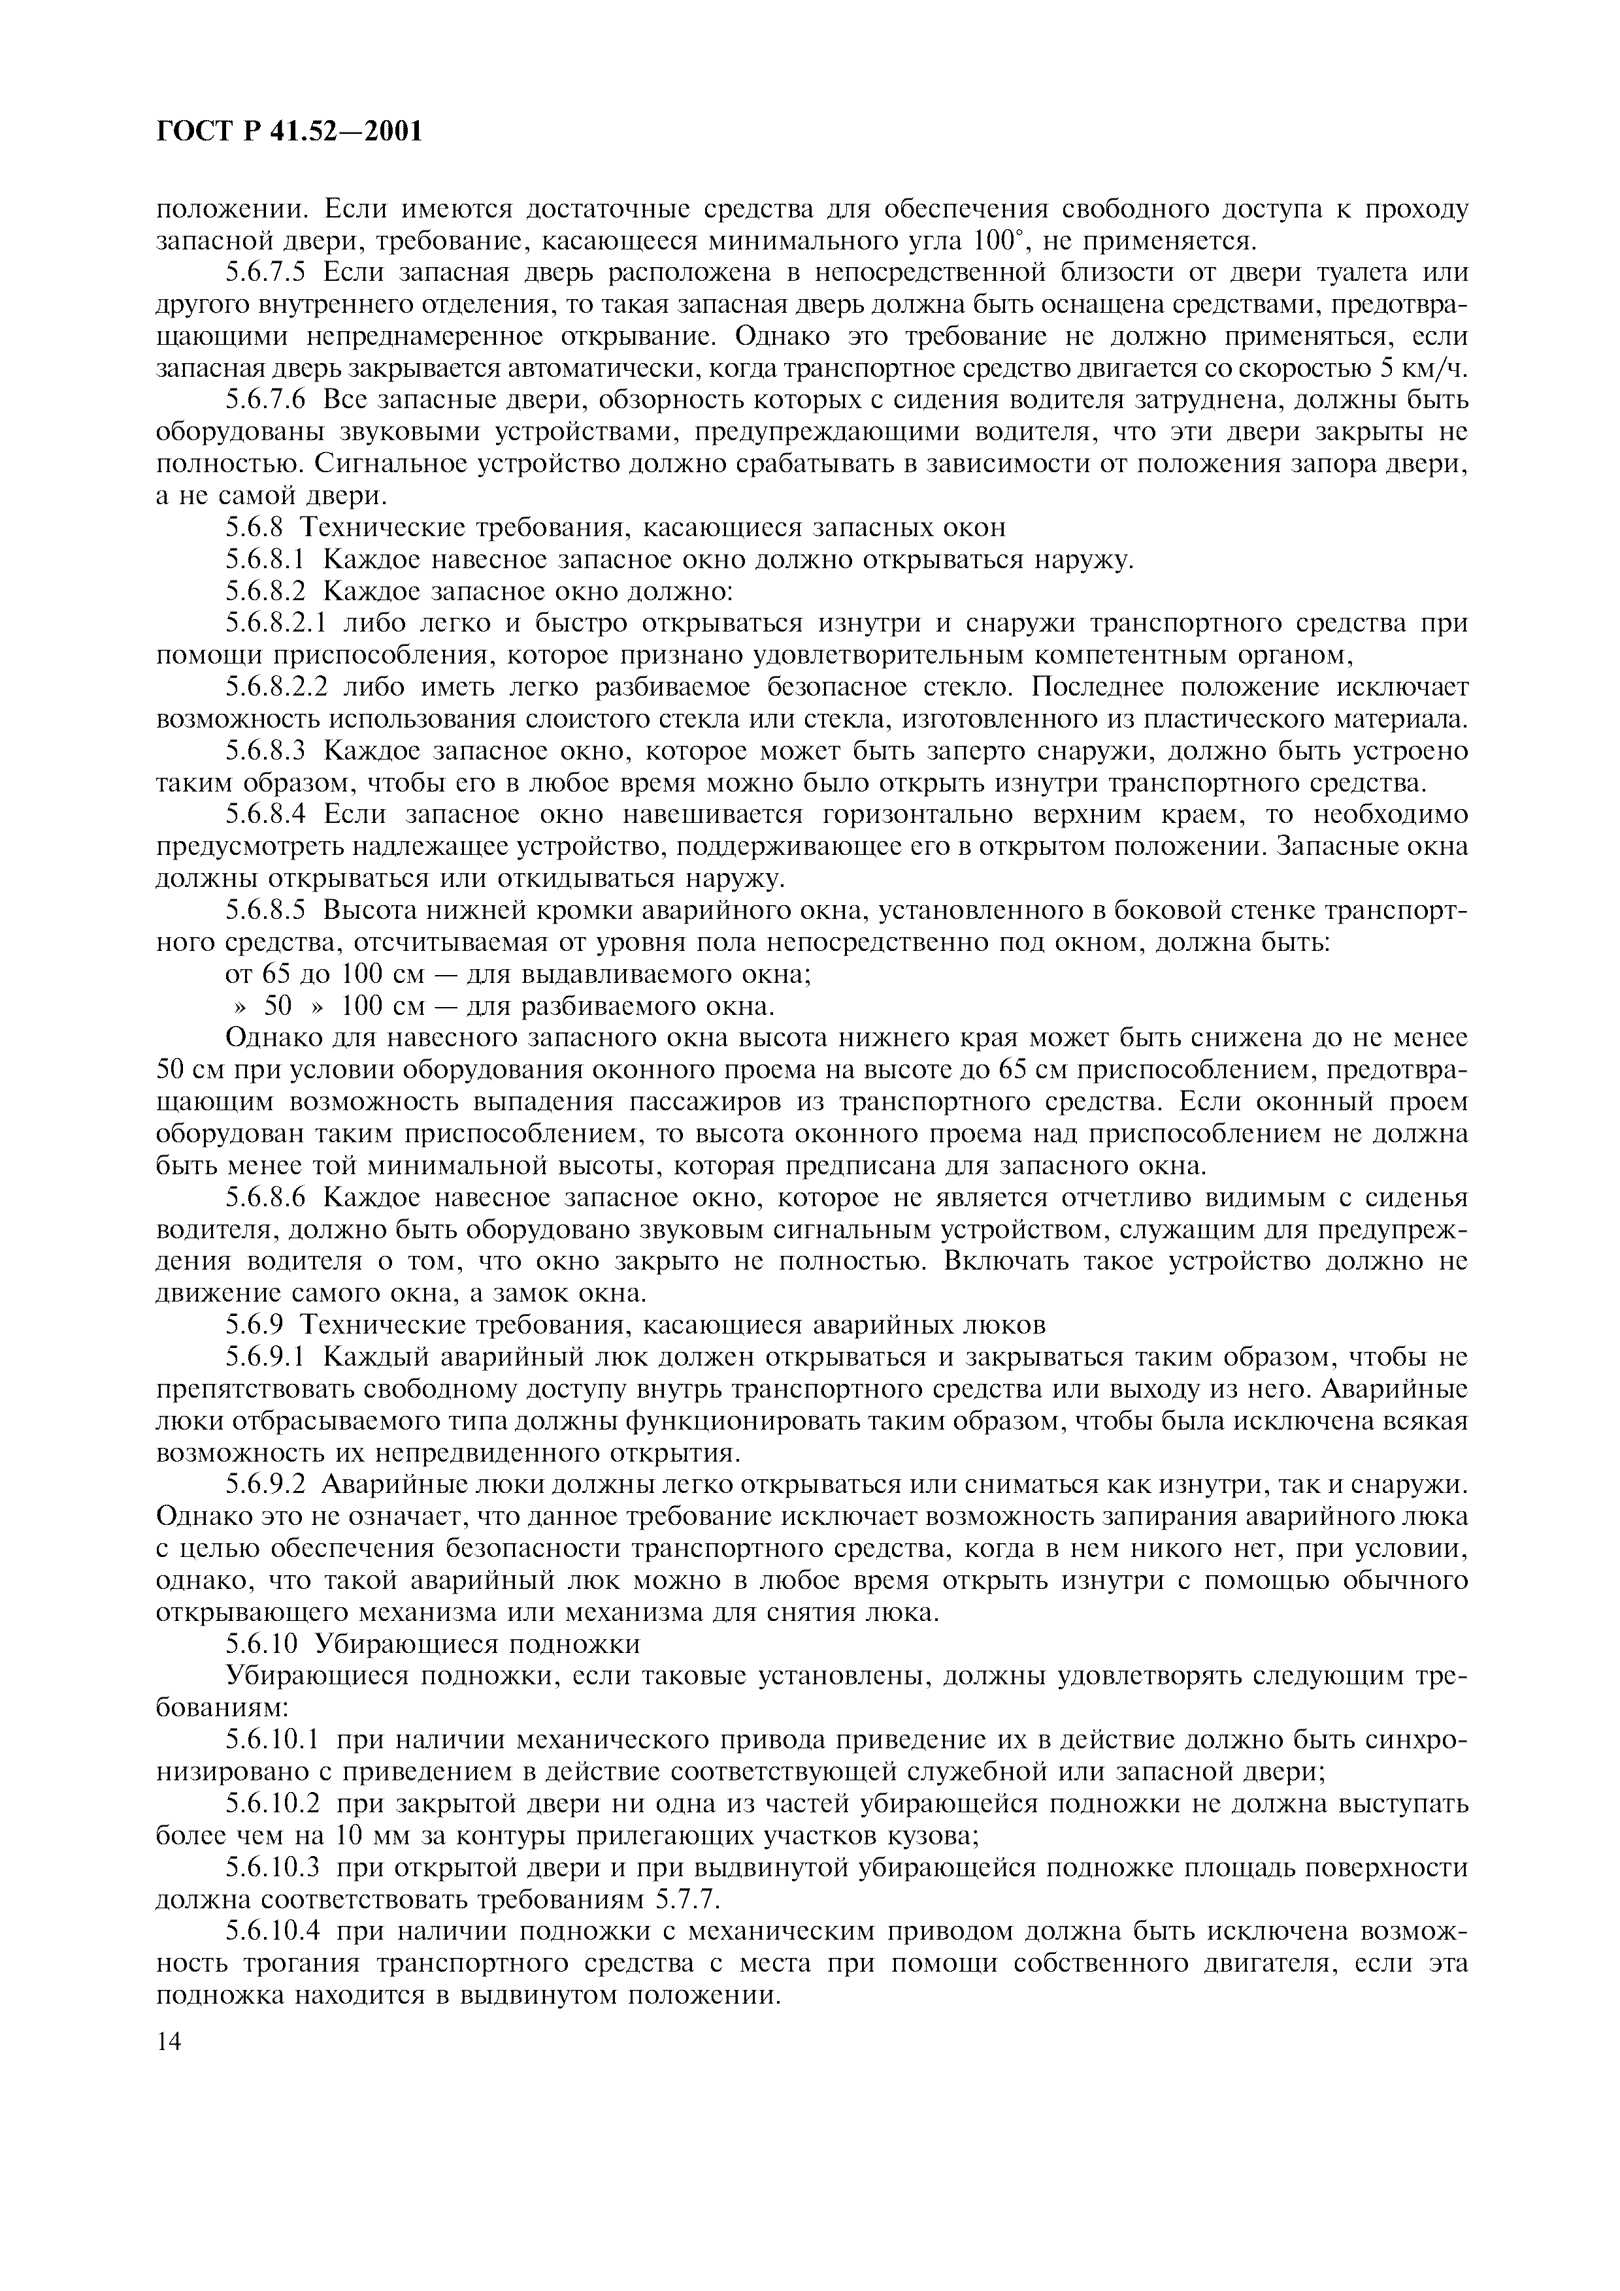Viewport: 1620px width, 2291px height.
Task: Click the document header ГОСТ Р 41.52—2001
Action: click(x=289, y=131)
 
